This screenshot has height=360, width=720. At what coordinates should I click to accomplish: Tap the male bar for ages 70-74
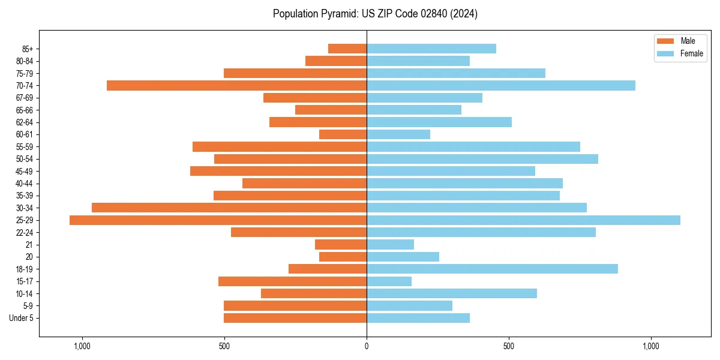(x=236, y=86)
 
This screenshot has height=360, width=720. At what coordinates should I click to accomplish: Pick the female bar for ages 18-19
(x=492, y=269)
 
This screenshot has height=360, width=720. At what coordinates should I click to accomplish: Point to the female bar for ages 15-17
(x=389, y=281)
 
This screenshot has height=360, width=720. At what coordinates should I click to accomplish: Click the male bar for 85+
(x=347, y=49)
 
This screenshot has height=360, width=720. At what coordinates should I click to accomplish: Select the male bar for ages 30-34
(x=229, y=208)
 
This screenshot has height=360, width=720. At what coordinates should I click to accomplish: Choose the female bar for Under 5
(x=418, y=318)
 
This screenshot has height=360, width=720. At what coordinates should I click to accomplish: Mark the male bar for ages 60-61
(x=343, y=134)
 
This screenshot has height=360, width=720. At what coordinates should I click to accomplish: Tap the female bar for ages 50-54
(x=482, y=159)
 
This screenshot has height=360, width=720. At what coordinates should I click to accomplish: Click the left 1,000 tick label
(x=82, y=347)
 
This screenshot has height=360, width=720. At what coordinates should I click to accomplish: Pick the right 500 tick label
(x=509, y=347)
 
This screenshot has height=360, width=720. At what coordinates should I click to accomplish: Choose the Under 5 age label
(x=22, y=318)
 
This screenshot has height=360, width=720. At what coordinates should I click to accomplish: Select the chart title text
(x=375, y=14)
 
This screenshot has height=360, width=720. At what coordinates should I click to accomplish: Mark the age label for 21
(x=29, y=245)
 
